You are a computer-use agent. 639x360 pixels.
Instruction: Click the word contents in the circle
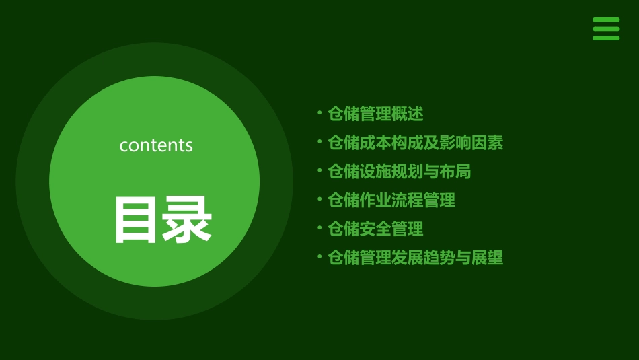click(x=156, y=145)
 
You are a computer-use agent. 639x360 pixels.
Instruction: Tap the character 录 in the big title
click(x=187, y=219)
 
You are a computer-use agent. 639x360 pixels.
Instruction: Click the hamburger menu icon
click(x=606, y=29)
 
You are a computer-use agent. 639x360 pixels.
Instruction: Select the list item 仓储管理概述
click(x=375, y=114)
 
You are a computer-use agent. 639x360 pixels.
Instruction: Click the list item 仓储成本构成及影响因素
click(x=415, y=143)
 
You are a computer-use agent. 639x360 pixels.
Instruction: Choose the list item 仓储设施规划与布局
click(x=399, y=172)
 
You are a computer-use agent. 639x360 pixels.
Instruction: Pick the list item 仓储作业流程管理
click(x=391, y=200)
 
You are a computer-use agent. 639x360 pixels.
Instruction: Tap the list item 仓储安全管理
click(x=375, y=229)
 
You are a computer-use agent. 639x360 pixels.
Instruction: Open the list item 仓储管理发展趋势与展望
click(x=415, y=258)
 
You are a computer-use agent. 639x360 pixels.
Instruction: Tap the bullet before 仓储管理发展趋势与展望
click(x=319, y=256)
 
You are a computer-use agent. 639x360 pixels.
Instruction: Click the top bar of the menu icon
click(x=606, y=20)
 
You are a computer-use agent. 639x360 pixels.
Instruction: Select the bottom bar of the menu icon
click(x=606, y=38)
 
